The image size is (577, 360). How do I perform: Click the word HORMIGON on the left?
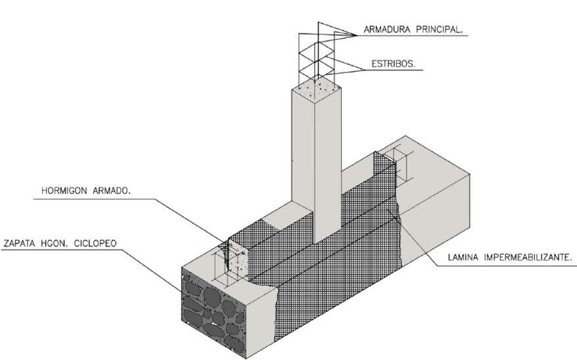[x=60, y=192]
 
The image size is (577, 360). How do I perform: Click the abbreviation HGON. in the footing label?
[x=56, y=244]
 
